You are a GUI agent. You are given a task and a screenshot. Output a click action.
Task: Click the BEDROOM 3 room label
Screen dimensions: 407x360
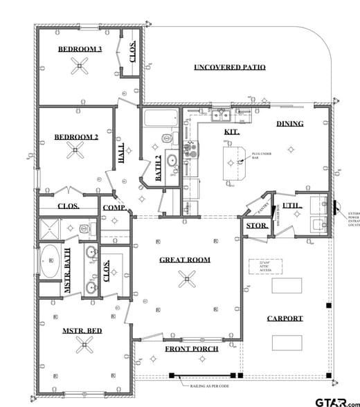(x=80, y=49)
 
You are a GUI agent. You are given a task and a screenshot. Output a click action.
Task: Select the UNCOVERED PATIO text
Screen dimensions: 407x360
(x=230, y=67)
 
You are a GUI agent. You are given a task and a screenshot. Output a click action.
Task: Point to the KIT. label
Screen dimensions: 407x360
(x=232, y=132)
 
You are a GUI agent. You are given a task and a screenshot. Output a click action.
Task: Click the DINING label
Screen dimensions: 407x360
(x=290, y=124)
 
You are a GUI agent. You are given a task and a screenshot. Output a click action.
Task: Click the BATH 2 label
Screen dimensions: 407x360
(x=159, y=167)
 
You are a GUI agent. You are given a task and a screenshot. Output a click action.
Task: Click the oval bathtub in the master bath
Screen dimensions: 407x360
(x=52, y=261)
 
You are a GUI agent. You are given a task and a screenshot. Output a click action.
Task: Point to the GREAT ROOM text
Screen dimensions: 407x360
(x=185, y=260)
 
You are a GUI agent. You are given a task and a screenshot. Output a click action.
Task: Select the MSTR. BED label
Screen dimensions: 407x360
(x=82, y=331)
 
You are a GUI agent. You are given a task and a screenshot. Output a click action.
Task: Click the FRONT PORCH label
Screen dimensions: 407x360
(x=192, y=349)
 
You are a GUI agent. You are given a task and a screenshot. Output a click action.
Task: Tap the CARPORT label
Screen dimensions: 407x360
(x=285, y=318)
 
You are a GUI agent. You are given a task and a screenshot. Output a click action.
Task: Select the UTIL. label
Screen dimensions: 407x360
(x=290, y=206)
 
